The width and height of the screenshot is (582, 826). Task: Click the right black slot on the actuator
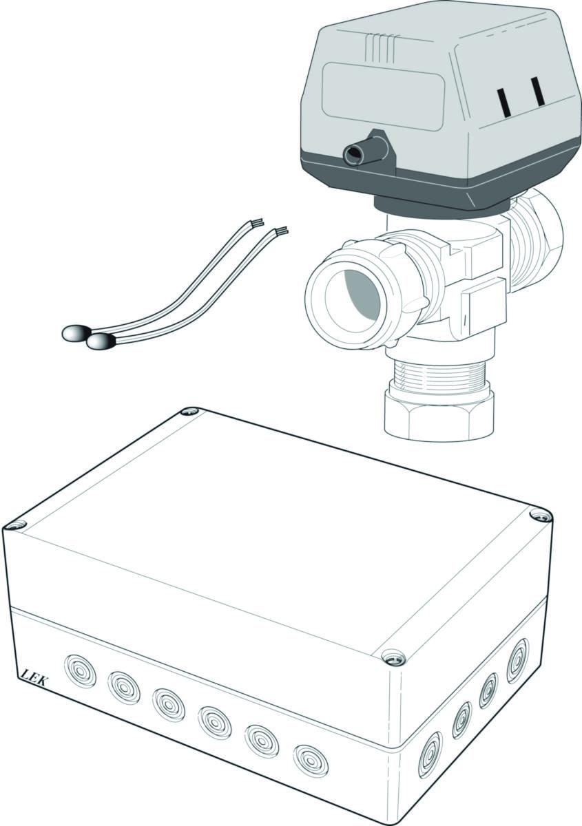[537, 90]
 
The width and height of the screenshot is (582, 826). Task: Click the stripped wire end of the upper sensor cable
[257, 222]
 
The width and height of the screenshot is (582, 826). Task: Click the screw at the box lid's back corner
[191, 412]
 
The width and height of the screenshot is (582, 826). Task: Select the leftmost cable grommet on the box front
[80, 668]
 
